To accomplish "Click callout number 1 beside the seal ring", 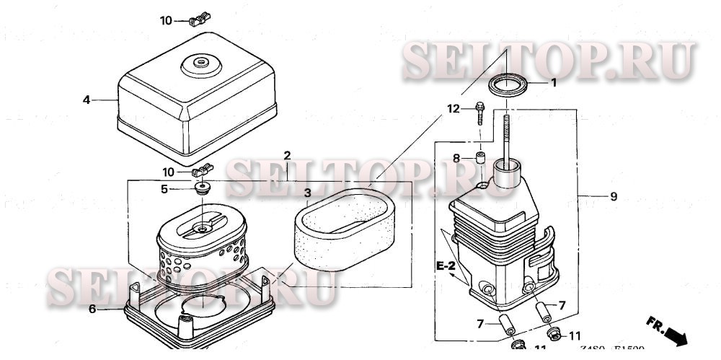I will (554, 83).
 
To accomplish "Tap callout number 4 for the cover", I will (86, 100).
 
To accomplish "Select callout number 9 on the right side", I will (614, 196).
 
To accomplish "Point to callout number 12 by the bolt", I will (453, 109).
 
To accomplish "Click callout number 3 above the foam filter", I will (307, 193).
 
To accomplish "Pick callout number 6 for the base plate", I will (92, 309).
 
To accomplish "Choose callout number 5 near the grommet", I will (164, 189).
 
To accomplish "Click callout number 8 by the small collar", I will (456, 158).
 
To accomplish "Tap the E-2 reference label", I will (445, 266).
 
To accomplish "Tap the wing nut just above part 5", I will (203, 171).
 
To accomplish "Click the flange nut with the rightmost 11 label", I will (554, 333).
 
